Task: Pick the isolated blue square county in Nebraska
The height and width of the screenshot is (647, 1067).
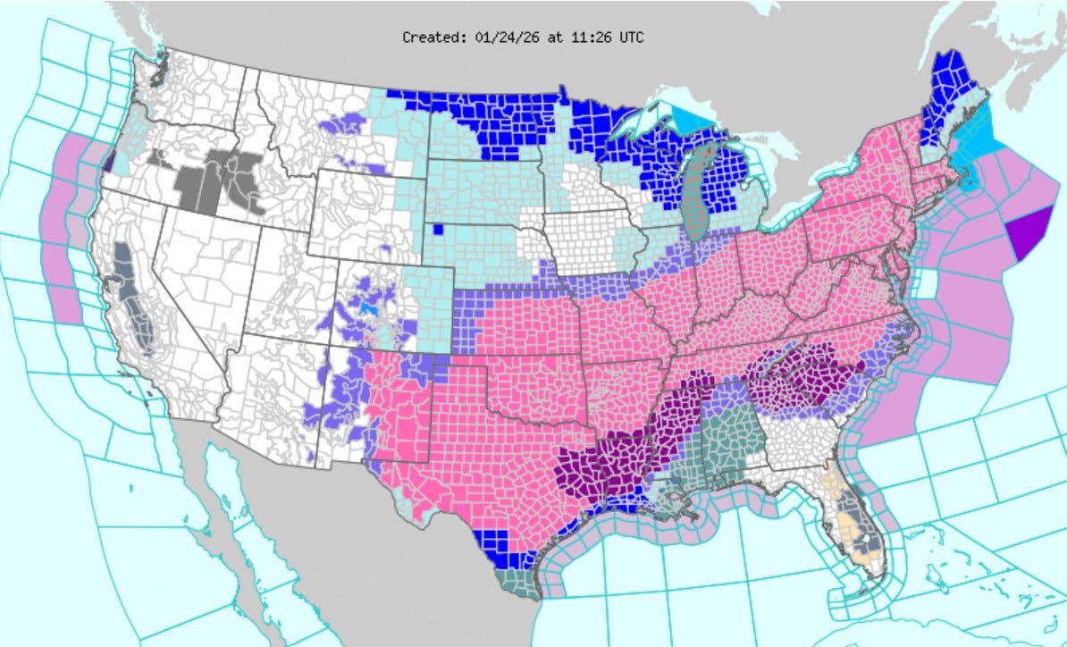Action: pos(438,229)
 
